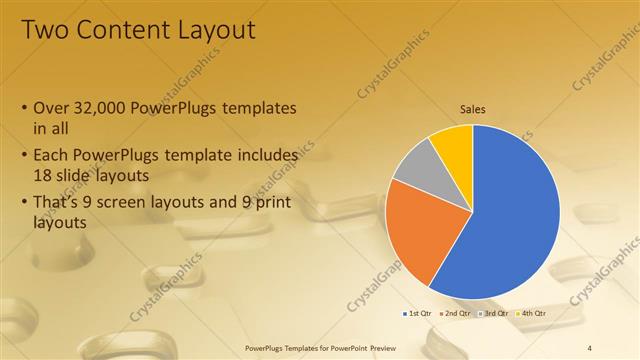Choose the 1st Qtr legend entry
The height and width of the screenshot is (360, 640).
419,313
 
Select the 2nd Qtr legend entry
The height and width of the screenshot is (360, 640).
456,313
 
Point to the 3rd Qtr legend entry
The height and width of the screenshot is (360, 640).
495,313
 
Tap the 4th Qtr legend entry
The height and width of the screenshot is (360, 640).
531,313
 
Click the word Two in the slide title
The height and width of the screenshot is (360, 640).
43,31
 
